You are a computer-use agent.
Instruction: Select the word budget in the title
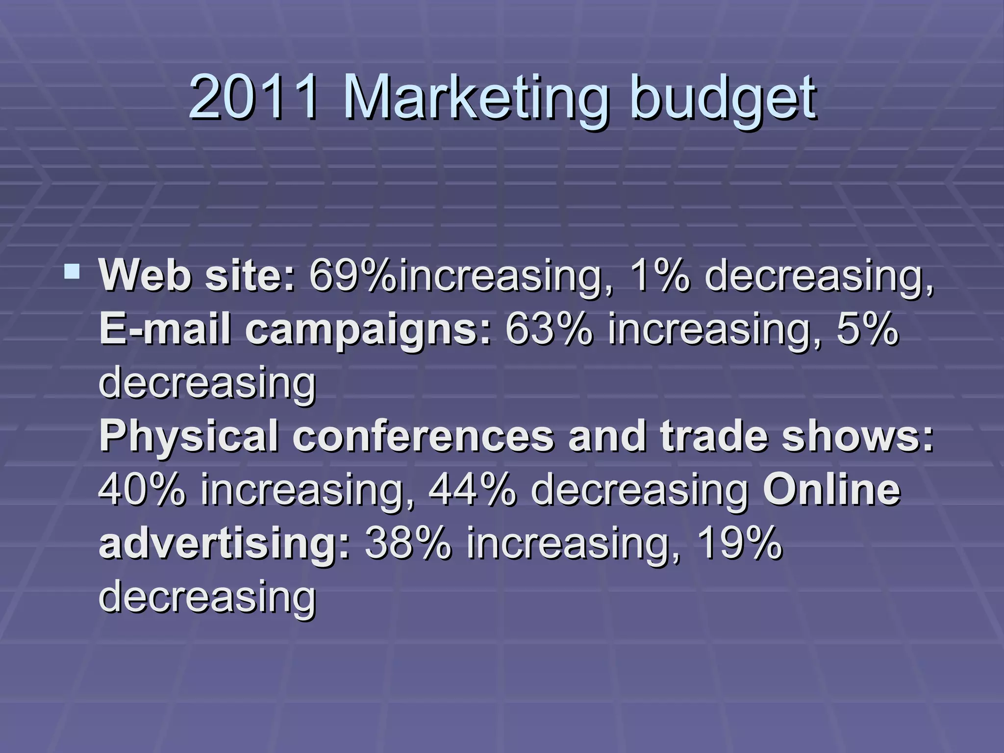[x=723, y=98]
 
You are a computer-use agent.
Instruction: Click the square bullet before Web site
[x=72, y=271]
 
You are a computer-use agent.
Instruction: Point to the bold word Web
[x=145, y=276]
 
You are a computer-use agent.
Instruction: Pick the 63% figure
[x=549, y=329]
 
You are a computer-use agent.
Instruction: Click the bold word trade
[x=714, y=436]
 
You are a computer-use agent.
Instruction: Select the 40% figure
[x=143, y=490]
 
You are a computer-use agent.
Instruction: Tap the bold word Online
[x=831, y=490]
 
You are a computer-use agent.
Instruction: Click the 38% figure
[x=408, y=543]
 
